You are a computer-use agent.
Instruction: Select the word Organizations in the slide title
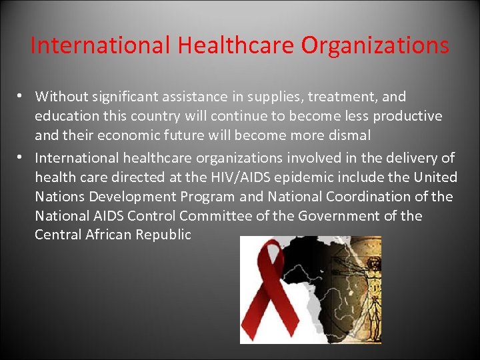[375, 45]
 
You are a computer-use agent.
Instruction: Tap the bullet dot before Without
[22, 97]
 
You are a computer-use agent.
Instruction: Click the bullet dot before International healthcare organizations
[22, 157]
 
